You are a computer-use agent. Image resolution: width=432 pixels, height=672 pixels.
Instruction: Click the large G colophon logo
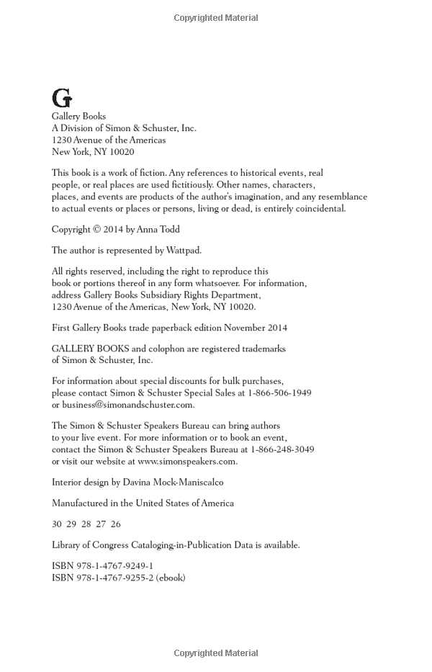pyautogui.click(x=62, y=98)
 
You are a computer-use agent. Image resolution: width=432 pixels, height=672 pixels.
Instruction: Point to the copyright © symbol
pyautogui.click(x=98, y=230)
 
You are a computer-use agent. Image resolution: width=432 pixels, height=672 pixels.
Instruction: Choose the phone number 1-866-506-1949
pyautogui.click(x=279, y=393)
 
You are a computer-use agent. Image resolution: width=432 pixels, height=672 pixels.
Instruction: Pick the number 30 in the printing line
pyautogui.click(x=57, y=524)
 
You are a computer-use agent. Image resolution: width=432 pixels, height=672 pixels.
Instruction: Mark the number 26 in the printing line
pyautogui.click(x=116, y=524)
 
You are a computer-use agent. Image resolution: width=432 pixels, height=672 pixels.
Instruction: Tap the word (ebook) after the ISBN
pyautogui.click(x=171, y=578)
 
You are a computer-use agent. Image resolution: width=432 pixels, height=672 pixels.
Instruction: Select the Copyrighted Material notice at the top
pyautogui.click(x=216, y=18)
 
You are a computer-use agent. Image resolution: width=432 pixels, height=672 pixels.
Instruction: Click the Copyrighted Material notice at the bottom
pyautogui.click(x=216, y=653)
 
